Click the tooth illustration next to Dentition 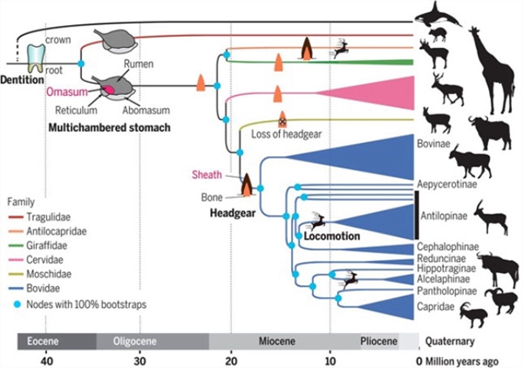(36, 58)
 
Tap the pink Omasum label (67, 92)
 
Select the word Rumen (139, 64)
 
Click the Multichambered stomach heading (110, 127)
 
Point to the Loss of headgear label (287, 134)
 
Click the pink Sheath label (207, 174)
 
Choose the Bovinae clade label (433, 144)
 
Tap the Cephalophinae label (448, 247)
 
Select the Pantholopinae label (447, 291)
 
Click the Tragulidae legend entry (39, 217)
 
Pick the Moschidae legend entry (40, 274)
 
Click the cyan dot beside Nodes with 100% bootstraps (17, 304)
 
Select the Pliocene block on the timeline (379, 341)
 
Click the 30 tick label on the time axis (140, 361)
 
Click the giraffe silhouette (492, 71)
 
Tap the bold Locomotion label (332, 236)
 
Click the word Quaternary (450, 341)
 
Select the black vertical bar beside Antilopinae (417, 215)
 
